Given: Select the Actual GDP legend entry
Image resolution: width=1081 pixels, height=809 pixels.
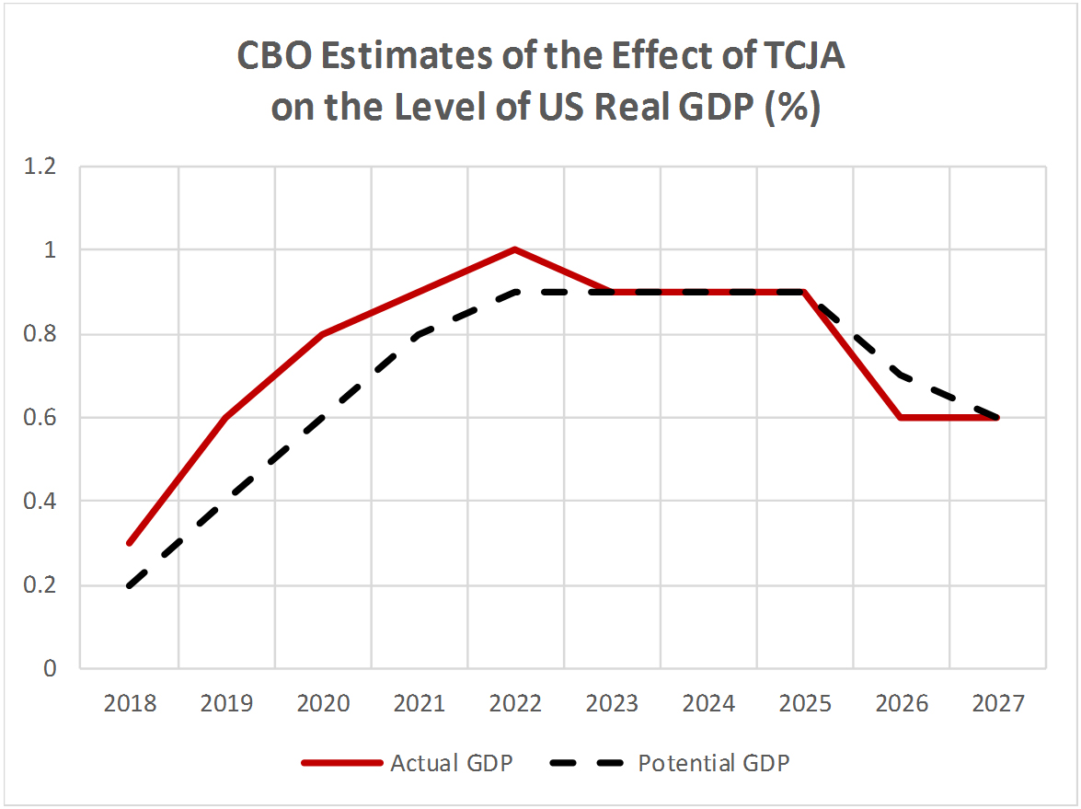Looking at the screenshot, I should tap(408, 763).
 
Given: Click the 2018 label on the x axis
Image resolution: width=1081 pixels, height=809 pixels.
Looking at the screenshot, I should tap(130, 704).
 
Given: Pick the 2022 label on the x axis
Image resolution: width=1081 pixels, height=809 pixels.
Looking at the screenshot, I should tap(515, 704).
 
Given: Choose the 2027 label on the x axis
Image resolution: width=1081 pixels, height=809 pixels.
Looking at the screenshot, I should tap(997, 704).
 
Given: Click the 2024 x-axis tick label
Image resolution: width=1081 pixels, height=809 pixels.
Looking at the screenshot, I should tap(708, 704).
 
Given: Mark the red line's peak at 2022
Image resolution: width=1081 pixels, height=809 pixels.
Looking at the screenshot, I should tap(515, 249).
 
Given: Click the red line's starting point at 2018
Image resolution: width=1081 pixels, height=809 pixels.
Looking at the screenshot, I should tap(130, 543).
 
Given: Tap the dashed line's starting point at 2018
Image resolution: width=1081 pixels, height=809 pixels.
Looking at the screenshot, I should tap(130, 585).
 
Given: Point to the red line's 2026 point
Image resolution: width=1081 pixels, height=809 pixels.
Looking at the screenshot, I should tap(901, 418).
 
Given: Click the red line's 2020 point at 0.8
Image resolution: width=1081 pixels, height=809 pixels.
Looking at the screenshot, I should tap(323, 334).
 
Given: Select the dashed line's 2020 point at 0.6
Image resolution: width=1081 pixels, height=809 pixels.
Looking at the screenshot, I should tap(323, 418).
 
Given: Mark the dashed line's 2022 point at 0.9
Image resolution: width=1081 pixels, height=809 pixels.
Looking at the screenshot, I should tap(515, 292).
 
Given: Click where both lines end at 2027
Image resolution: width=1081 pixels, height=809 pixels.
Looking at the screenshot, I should tap(997, 418).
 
